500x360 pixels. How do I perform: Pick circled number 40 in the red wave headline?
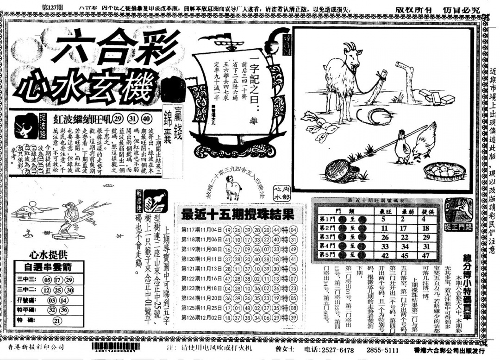[x=146, y=117]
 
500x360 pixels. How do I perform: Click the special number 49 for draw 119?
[x=292, y=248]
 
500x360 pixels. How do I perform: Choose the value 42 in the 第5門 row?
[x=384, y=255]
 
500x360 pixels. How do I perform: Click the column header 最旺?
[x=383, y=211]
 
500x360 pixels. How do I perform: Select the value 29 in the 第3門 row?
[x=426, y=237]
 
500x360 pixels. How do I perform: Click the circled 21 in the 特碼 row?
[x=57, y=320]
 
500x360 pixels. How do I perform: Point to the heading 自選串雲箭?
[x=48, y=267]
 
